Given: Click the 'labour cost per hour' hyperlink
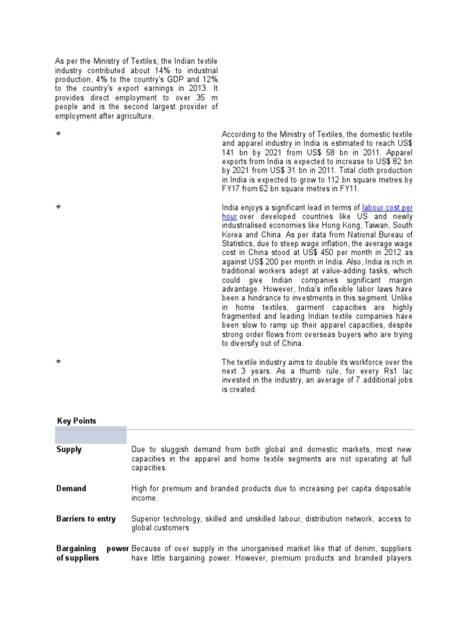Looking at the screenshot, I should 388,208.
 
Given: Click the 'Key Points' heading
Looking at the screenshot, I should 76,421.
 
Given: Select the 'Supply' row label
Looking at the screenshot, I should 69,450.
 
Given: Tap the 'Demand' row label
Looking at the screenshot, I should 71,489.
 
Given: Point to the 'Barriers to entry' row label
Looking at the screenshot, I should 86,519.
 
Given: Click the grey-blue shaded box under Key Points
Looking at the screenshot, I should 91,435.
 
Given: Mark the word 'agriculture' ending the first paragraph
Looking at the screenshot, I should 134,116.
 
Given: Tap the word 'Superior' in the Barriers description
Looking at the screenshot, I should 146,519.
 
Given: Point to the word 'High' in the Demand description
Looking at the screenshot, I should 139,489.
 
